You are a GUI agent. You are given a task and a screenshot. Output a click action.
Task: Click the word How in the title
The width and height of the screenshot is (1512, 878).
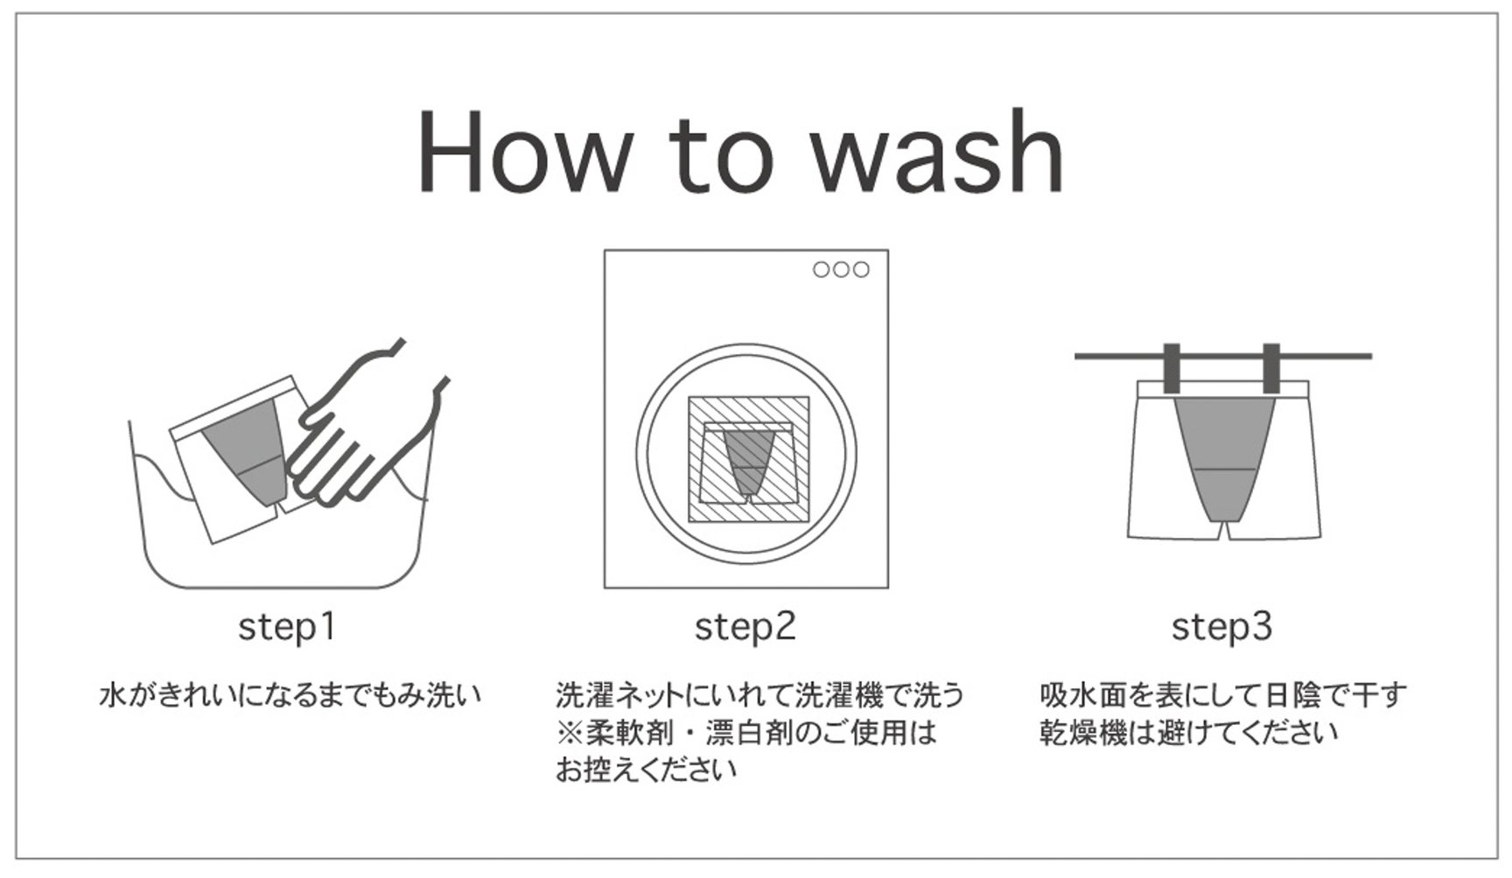pyautogui.click(x=522, y=151)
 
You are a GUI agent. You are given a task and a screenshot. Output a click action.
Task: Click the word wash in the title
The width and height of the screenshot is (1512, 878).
pyautogui.click(x=937, y=150)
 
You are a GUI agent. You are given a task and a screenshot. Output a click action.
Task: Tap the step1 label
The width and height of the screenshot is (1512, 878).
pyautogui.click(x=287, y=627)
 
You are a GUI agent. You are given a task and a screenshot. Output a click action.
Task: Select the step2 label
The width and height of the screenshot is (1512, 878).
pyautogui.click(x=745, y=627)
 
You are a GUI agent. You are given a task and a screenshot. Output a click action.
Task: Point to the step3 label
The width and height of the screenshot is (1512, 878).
pyautogui.click(x=1221, y=627)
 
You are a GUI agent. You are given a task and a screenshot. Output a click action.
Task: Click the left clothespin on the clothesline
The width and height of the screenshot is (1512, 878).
pyautogui.click(x=1172, y=368)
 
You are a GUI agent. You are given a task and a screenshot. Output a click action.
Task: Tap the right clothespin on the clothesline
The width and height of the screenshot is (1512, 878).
pyautogui.click(x=1271, y=368)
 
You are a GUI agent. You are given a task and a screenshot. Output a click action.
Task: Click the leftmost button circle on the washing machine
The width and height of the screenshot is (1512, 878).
pyautogui.click(x=821, y=269)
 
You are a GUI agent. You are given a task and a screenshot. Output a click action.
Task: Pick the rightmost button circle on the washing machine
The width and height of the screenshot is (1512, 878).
pyautogui.click(x=861, y=269)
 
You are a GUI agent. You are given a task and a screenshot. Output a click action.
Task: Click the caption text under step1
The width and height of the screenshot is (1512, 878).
pyautogui.click(x=290, y=696)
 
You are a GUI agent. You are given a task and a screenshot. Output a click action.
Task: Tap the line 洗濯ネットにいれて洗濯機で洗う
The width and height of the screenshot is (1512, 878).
pyautogui.click(x=759, y=695)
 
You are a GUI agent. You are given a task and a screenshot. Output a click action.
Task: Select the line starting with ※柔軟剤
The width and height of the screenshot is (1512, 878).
pyautogui.click(x=746, y=733)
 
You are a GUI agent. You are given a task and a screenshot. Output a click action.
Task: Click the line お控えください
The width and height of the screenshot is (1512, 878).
pyautogui.click(x=646, y=770)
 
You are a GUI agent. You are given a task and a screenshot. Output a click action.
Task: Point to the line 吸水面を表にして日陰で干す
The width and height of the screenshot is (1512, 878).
pyautogui.click(x=1222, y=695)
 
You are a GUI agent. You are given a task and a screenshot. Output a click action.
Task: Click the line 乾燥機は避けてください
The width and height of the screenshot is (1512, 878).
pyautogui.click(x=1188, y=733)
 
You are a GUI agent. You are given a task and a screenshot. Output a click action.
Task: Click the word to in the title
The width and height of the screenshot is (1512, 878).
pyautogui.click(x=722, y=156)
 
